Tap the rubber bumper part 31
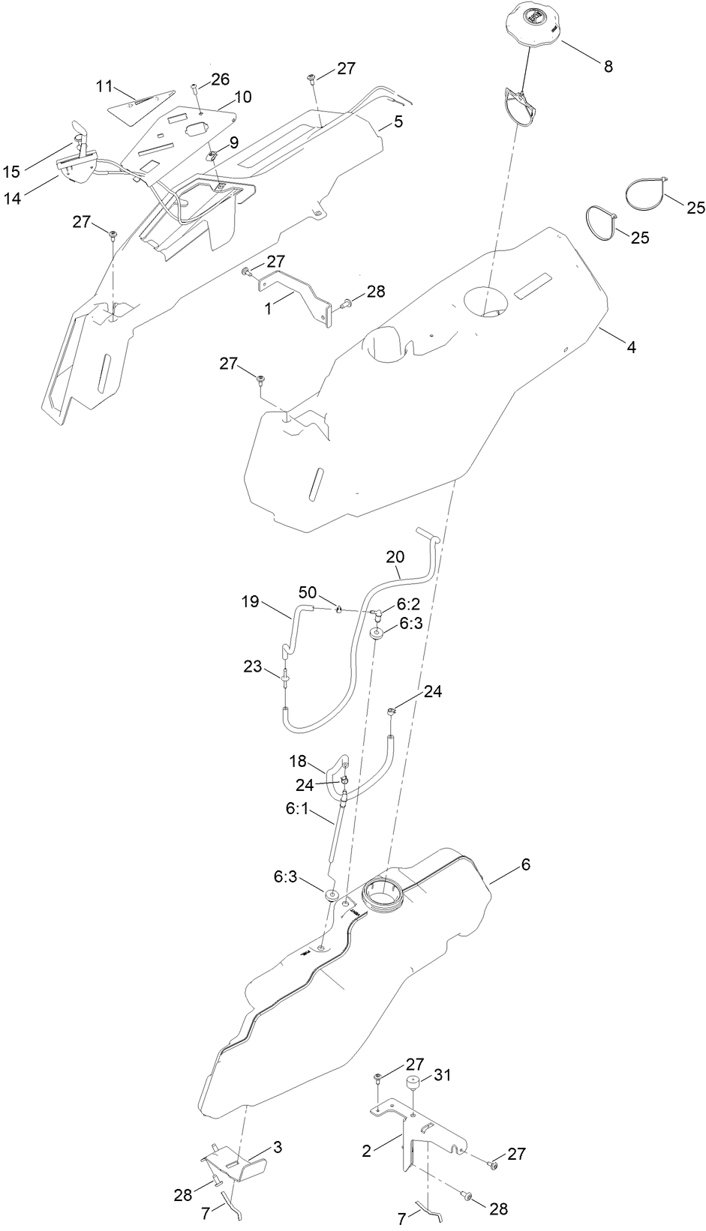pyautogui.click(x=411, y=1084)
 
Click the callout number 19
pyautogui.click(x=251, y=601)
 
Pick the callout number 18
pyautogui.click(x=298, y=761)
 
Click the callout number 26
pyautogui.click(x=220, y=79)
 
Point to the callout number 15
pyautogui.click(x=11, y=172)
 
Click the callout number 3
pyautogui.click(x=277, y=1147)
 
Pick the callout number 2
pyautogui.click(x=366, y=1151)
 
